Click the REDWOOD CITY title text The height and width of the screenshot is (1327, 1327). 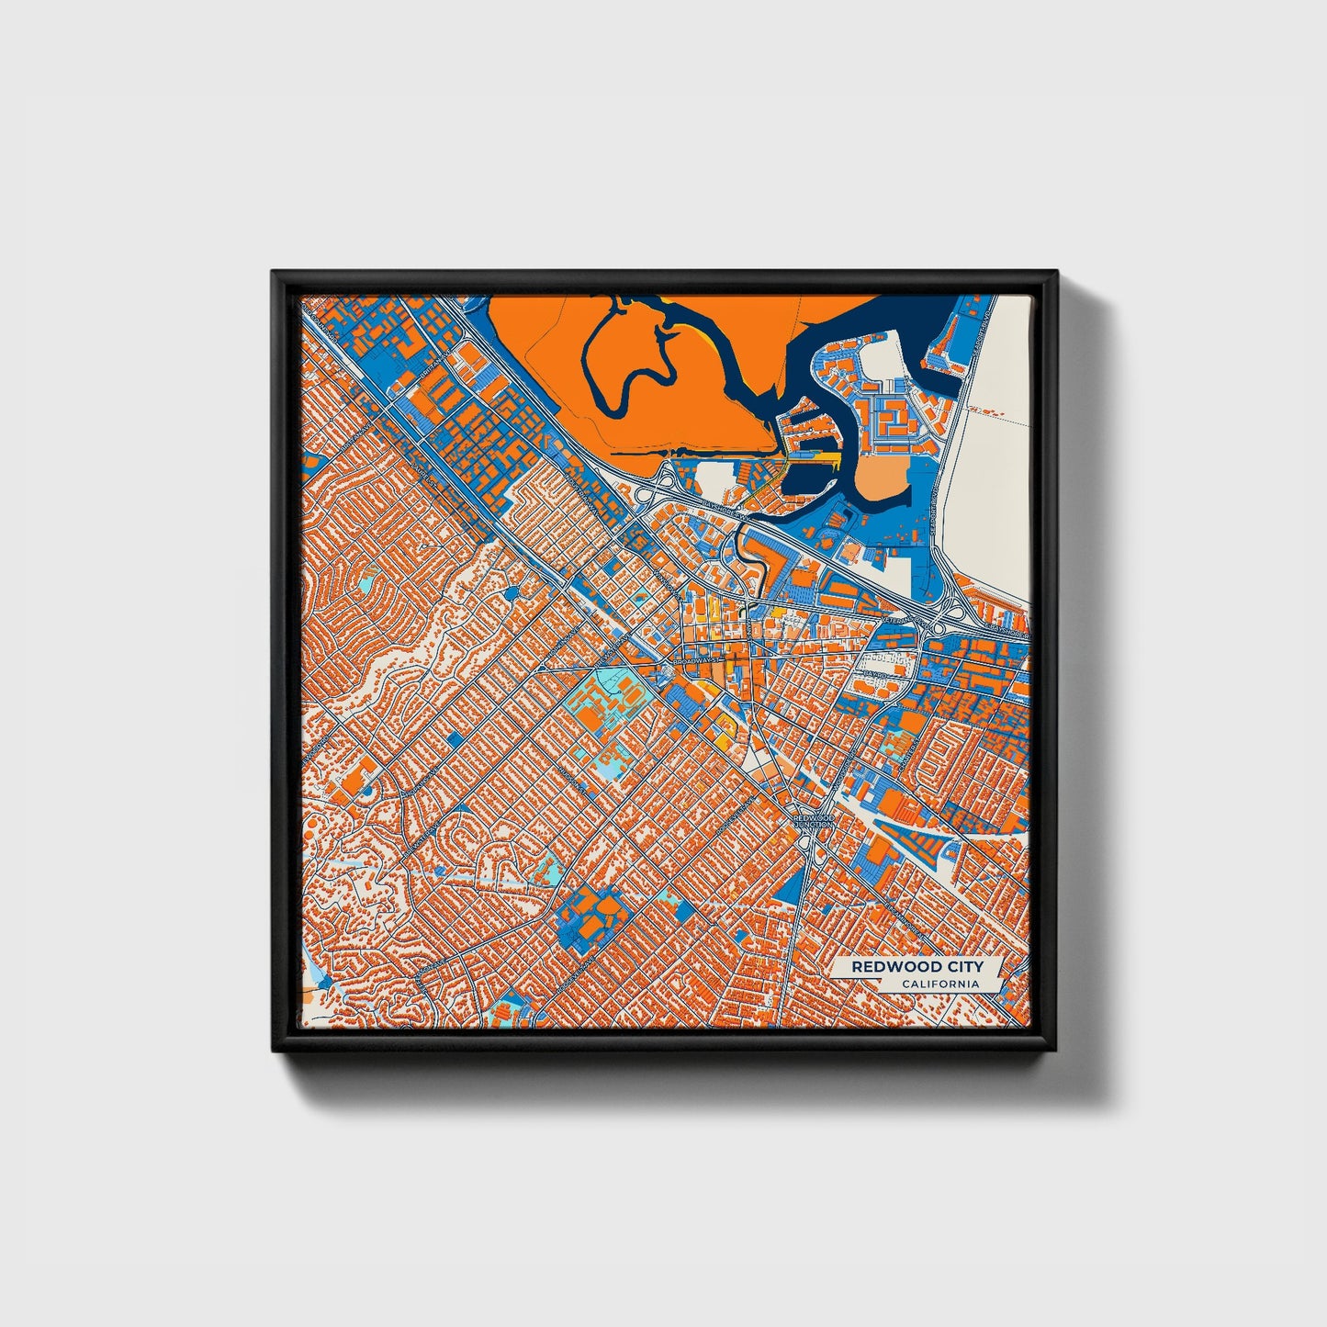pos(917,966)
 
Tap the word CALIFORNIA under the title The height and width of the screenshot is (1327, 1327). pos(939,984)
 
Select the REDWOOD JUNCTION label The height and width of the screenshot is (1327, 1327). pos(813,820)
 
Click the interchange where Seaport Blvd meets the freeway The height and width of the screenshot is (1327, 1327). pos(950,610)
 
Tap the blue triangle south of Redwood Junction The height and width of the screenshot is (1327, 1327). pos(788,883)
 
